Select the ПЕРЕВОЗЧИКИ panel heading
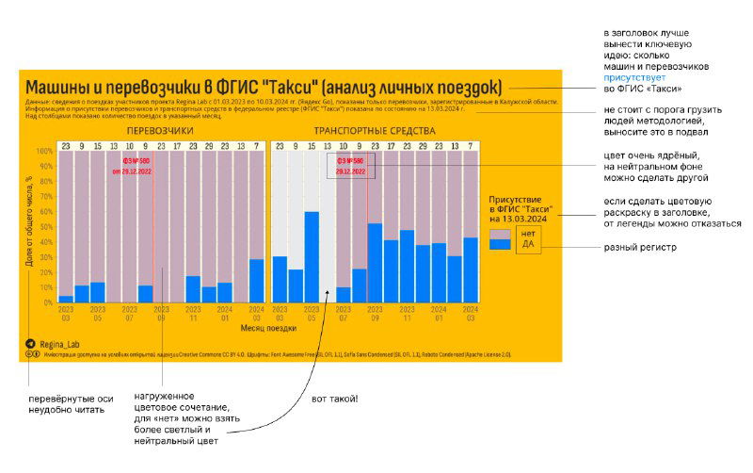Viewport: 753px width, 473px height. pos(160,129)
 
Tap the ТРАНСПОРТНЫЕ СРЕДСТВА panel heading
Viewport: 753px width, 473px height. pos(375,129)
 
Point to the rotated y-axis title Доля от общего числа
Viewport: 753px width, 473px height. pos(30,222)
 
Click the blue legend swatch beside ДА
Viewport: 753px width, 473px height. pos(500,244)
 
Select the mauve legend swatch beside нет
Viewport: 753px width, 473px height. pos(500,232)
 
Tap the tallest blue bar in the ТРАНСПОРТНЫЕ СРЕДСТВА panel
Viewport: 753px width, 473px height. pos(312,256)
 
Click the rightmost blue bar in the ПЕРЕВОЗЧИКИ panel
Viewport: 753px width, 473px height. pos(257,280)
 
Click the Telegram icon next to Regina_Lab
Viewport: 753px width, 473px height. pos(31,344)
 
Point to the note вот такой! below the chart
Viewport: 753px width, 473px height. pos(334,399)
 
